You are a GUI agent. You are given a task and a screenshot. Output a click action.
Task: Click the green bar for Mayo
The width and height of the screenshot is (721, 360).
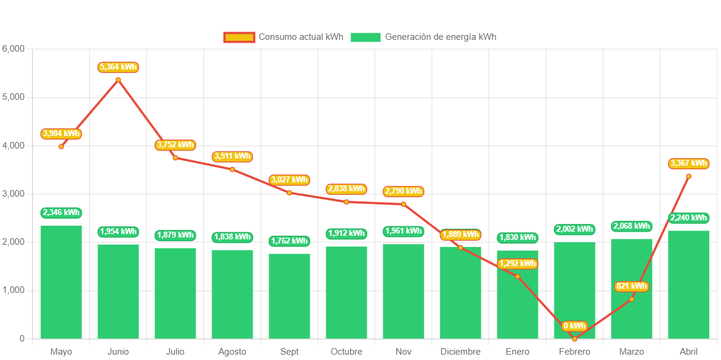61,282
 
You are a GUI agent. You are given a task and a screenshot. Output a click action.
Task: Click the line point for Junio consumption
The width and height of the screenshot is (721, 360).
118,80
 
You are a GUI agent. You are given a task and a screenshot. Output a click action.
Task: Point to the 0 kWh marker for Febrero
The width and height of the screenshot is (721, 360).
574,339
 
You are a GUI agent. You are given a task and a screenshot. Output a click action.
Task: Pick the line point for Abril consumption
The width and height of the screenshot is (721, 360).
688,176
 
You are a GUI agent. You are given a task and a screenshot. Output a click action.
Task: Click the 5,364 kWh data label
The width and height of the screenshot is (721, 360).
118,67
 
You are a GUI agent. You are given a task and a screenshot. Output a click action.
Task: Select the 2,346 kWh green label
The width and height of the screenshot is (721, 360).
61,212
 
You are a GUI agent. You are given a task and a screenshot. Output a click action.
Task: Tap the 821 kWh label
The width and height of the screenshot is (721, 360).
631,286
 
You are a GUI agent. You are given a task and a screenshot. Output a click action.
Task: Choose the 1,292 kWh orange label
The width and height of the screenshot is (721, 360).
517,263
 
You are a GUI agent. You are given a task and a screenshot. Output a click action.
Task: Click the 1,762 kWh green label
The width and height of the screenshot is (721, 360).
289,241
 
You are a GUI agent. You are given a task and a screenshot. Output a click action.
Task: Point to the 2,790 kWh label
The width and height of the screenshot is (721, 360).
404,191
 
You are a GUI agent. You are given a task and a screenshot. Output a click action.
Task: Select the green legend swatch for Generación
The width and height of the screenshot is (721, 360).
365,37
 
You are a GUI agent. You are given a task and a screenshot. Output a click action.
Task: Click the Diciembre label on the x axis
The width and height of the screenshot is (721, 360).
460,352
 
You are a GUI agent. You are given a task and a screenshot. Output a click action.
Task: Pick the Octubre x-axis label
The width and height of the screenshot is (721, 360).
347,352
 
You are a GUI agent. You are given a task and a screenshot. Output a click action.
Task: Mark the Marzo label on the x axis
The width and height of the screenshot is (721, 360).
631,352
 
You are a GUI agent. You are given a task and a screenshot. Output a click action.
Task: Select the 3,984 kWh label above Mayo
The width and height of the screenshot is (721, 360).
61,133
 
